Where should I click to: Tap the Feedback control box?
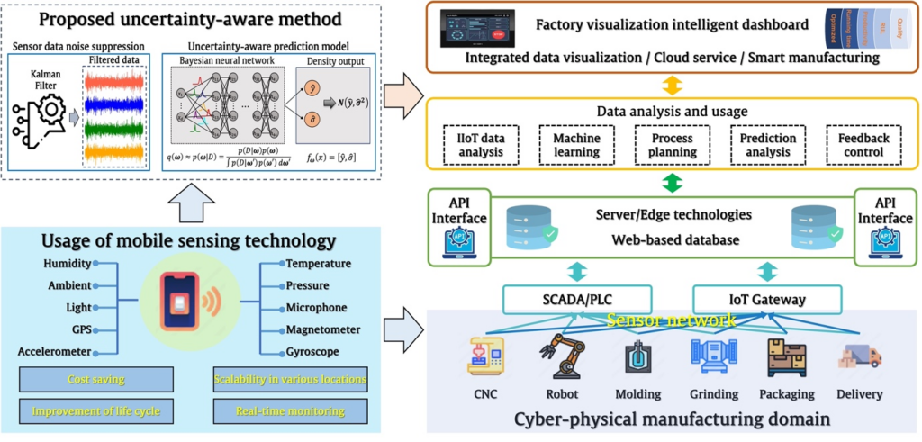(863, 146)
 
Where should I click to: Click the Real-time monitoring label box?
(291, 411)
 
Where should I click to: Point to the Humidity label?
(67, 264)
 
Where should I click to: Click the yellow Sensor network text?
(671, 320)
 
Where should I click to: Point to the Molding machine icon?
(637, 356)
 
